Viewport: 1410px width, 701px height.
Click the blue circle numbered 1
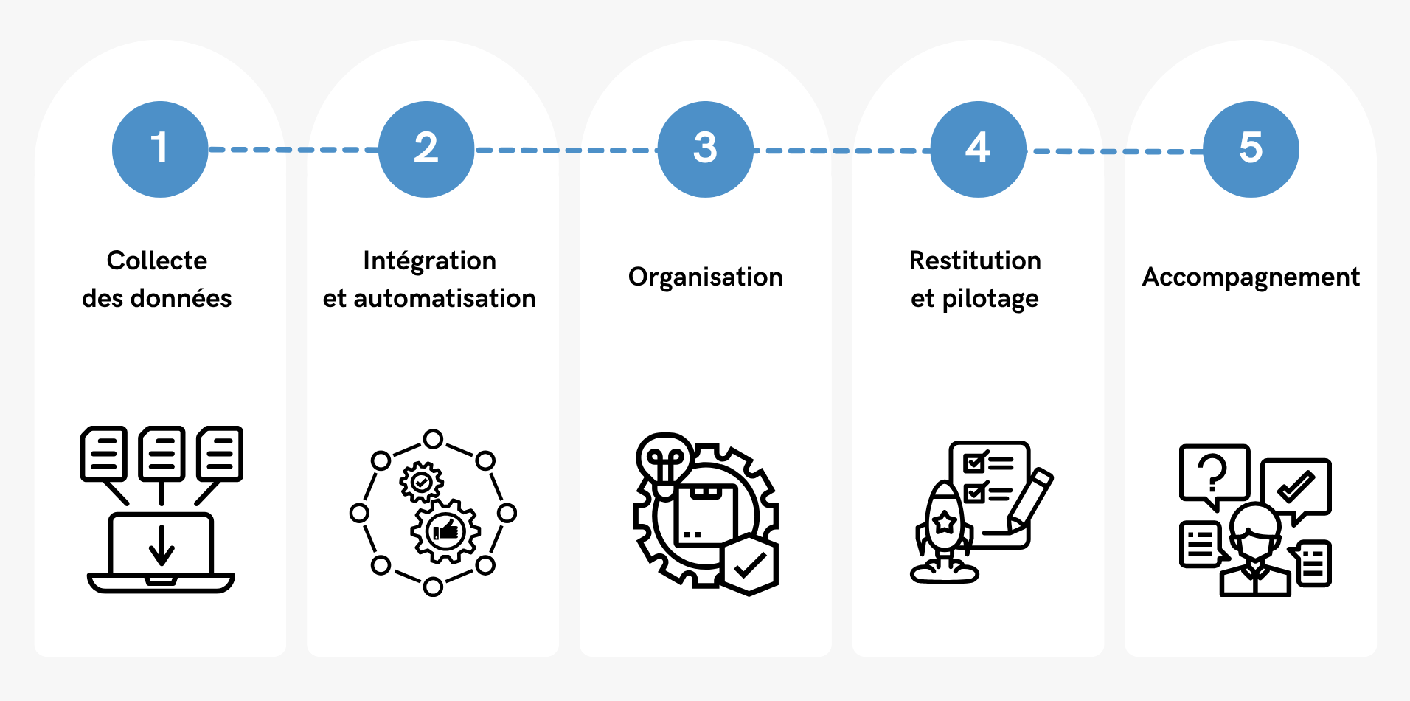coord(160,149)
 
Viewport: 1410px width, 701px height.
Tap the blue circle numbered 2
coord(426,149)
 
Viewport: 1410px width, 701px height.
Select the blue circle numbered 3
coord(705,149)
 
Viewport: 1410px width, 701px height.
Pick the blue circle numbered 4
coord(978,149)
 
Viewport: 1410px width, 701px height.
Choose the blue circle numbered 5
coord(1251,149)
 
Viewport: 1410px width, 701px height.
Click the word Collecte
coord(157,260)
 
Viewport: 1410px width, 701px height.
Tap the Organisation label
coord(705,277)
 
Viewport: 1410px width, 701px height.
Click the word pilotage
coord(990,299)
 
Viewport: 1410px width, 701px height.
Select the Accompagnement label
coord(1251,277)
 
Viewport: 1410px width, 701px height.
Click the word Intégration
coord(429,260)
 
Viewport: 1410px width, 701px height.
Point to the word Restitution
coord(975,260)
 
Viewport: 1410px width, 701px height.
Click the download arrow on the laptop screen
coord(162,545)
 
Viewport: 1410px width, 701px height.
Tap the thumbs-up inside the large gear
coord(445,530)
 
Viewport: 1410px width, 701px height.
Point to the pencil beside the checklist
coord(1031,497)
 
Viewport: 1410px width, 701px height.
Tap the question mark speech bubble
coord(1213,474)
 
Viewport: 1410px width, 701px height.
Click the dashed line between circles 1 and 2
coord(294,150)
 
